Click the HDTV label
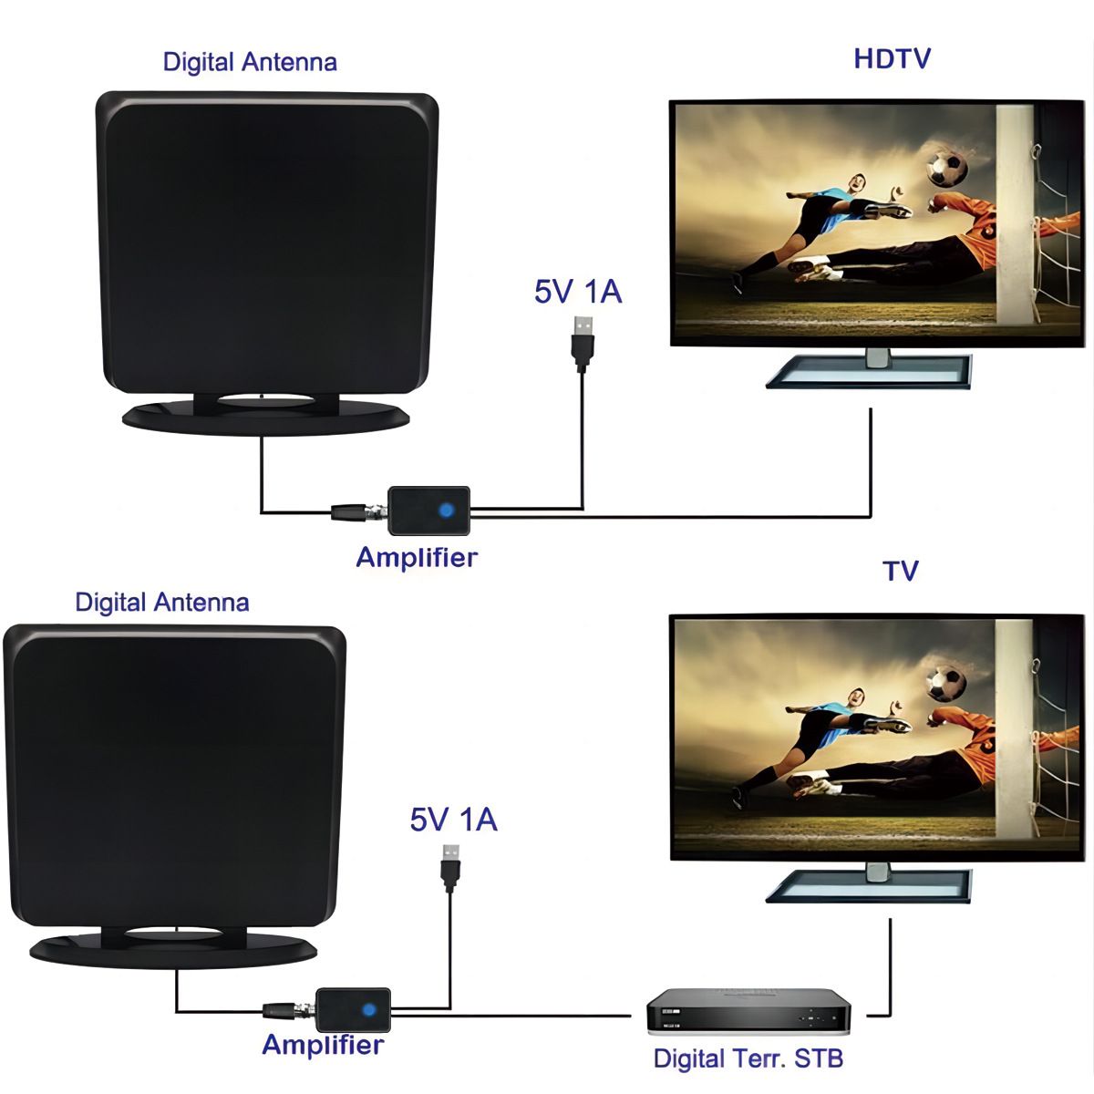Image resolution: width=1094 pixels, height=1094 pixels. [x=892, y=58]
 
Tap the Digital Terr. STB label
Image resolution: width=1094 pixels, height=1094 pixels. [x=748, y=1058]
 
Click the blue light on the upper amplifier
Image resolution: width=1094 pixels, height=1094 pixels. [x=446, y=511]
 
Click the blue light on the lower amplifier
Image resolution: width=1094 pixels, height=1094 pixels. [x=369, y=1009]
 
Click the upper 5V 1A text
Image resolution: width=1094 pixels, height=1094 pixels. [x=578, y=291]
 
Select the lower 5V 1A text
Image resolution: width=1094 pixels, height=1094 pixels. [x=453, y=820]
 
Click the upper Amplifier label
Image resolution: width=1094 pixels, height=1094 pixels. [x=417, y=557]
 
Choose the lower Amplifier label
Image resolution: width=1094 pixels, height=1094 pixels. [x=323, y=1045]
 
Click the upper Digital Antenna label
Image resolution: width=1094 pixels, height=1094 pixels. [x=250, y=62]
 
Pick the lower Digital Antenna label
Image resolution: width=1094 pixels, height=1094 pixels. [x=161, y=603]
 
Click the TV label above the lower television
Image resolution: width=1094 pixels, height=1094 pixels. [x=901, y=571]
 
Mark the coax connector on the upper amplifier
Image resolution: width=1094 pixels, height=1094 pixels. [x=360, y=512]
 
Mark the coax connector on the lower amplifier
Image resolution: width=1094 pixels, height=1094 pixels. [x=289, y=1010]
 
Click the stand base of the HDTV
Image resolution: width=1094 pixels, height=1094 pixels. [x=869, y=372]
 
